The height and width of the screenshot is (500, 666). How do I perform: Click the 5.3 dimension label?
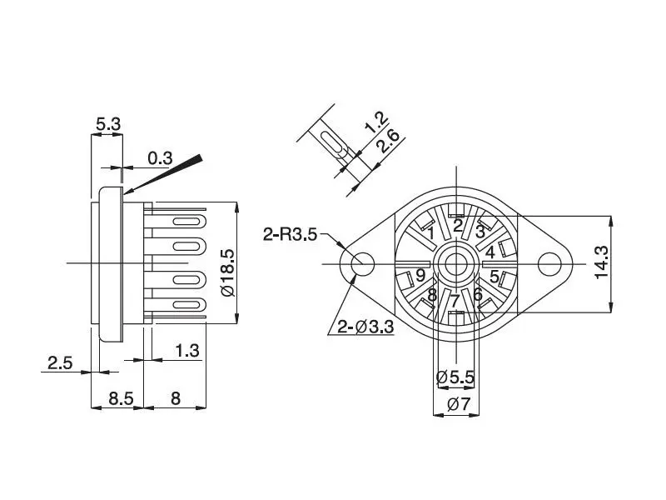(107, 124)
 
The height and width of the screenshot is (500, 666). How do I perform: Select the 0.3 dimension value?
(160, 157)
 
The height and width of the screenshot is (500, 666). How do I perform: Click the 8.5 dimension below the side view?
(121, 398)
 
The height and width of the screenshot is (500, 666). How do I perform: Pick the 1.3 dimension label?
(187, 351)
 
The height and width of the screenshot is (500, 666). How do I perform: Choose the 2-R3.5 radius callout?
(290, 234)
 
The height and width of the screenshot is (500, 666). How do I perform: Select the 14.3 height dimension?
(602, 262)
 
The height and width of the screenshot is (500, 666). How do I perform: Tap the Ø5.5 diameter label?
(455, 377)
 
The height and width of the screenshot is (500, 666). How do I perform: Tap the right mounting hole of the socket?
(549, 263)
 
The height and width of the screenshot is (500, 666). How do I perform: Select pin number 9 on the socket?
(420, 275)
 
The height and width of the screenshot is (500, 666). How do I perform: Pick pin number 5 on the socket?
(494, 276)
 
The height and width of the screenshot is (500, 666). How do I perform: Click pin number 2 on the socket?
(457, 223)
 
